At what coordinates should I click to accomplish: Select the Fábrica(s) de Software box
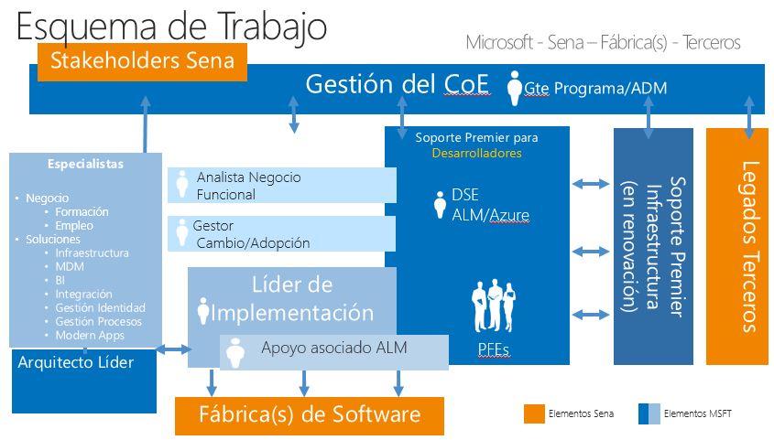tap(309, 414)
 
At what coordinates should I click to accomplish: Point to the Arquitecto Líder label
tap(76, 362)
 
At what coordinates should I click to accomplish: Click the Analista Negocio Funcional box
tap(281, 185)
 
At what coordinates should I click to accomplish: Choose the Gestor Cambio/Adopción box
tap(281, 234)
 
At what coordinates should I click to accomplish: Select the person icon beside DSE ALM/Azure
tap(439, 204)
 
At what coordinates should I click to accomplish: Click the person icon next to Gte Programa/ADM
tap(515, 85)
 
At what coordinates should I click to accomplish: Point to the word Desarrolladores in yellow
tap(476, 154)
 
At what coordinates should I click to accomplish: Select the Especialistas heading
tap(85, 165)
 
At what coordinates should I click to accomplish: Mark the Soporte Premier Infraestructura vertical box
tap(652, 246)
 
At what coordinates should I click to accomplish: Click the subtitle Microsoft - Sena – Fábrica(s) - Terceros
tap(602, 42)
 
